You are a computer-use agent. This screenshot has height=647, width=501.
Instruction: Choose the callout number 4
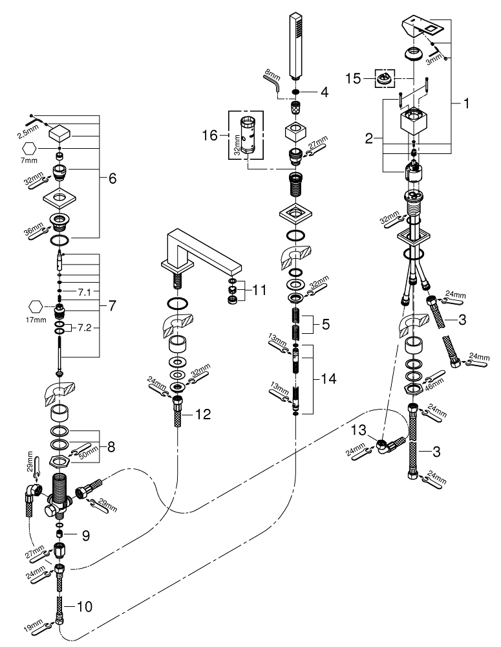click(324, 92)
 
